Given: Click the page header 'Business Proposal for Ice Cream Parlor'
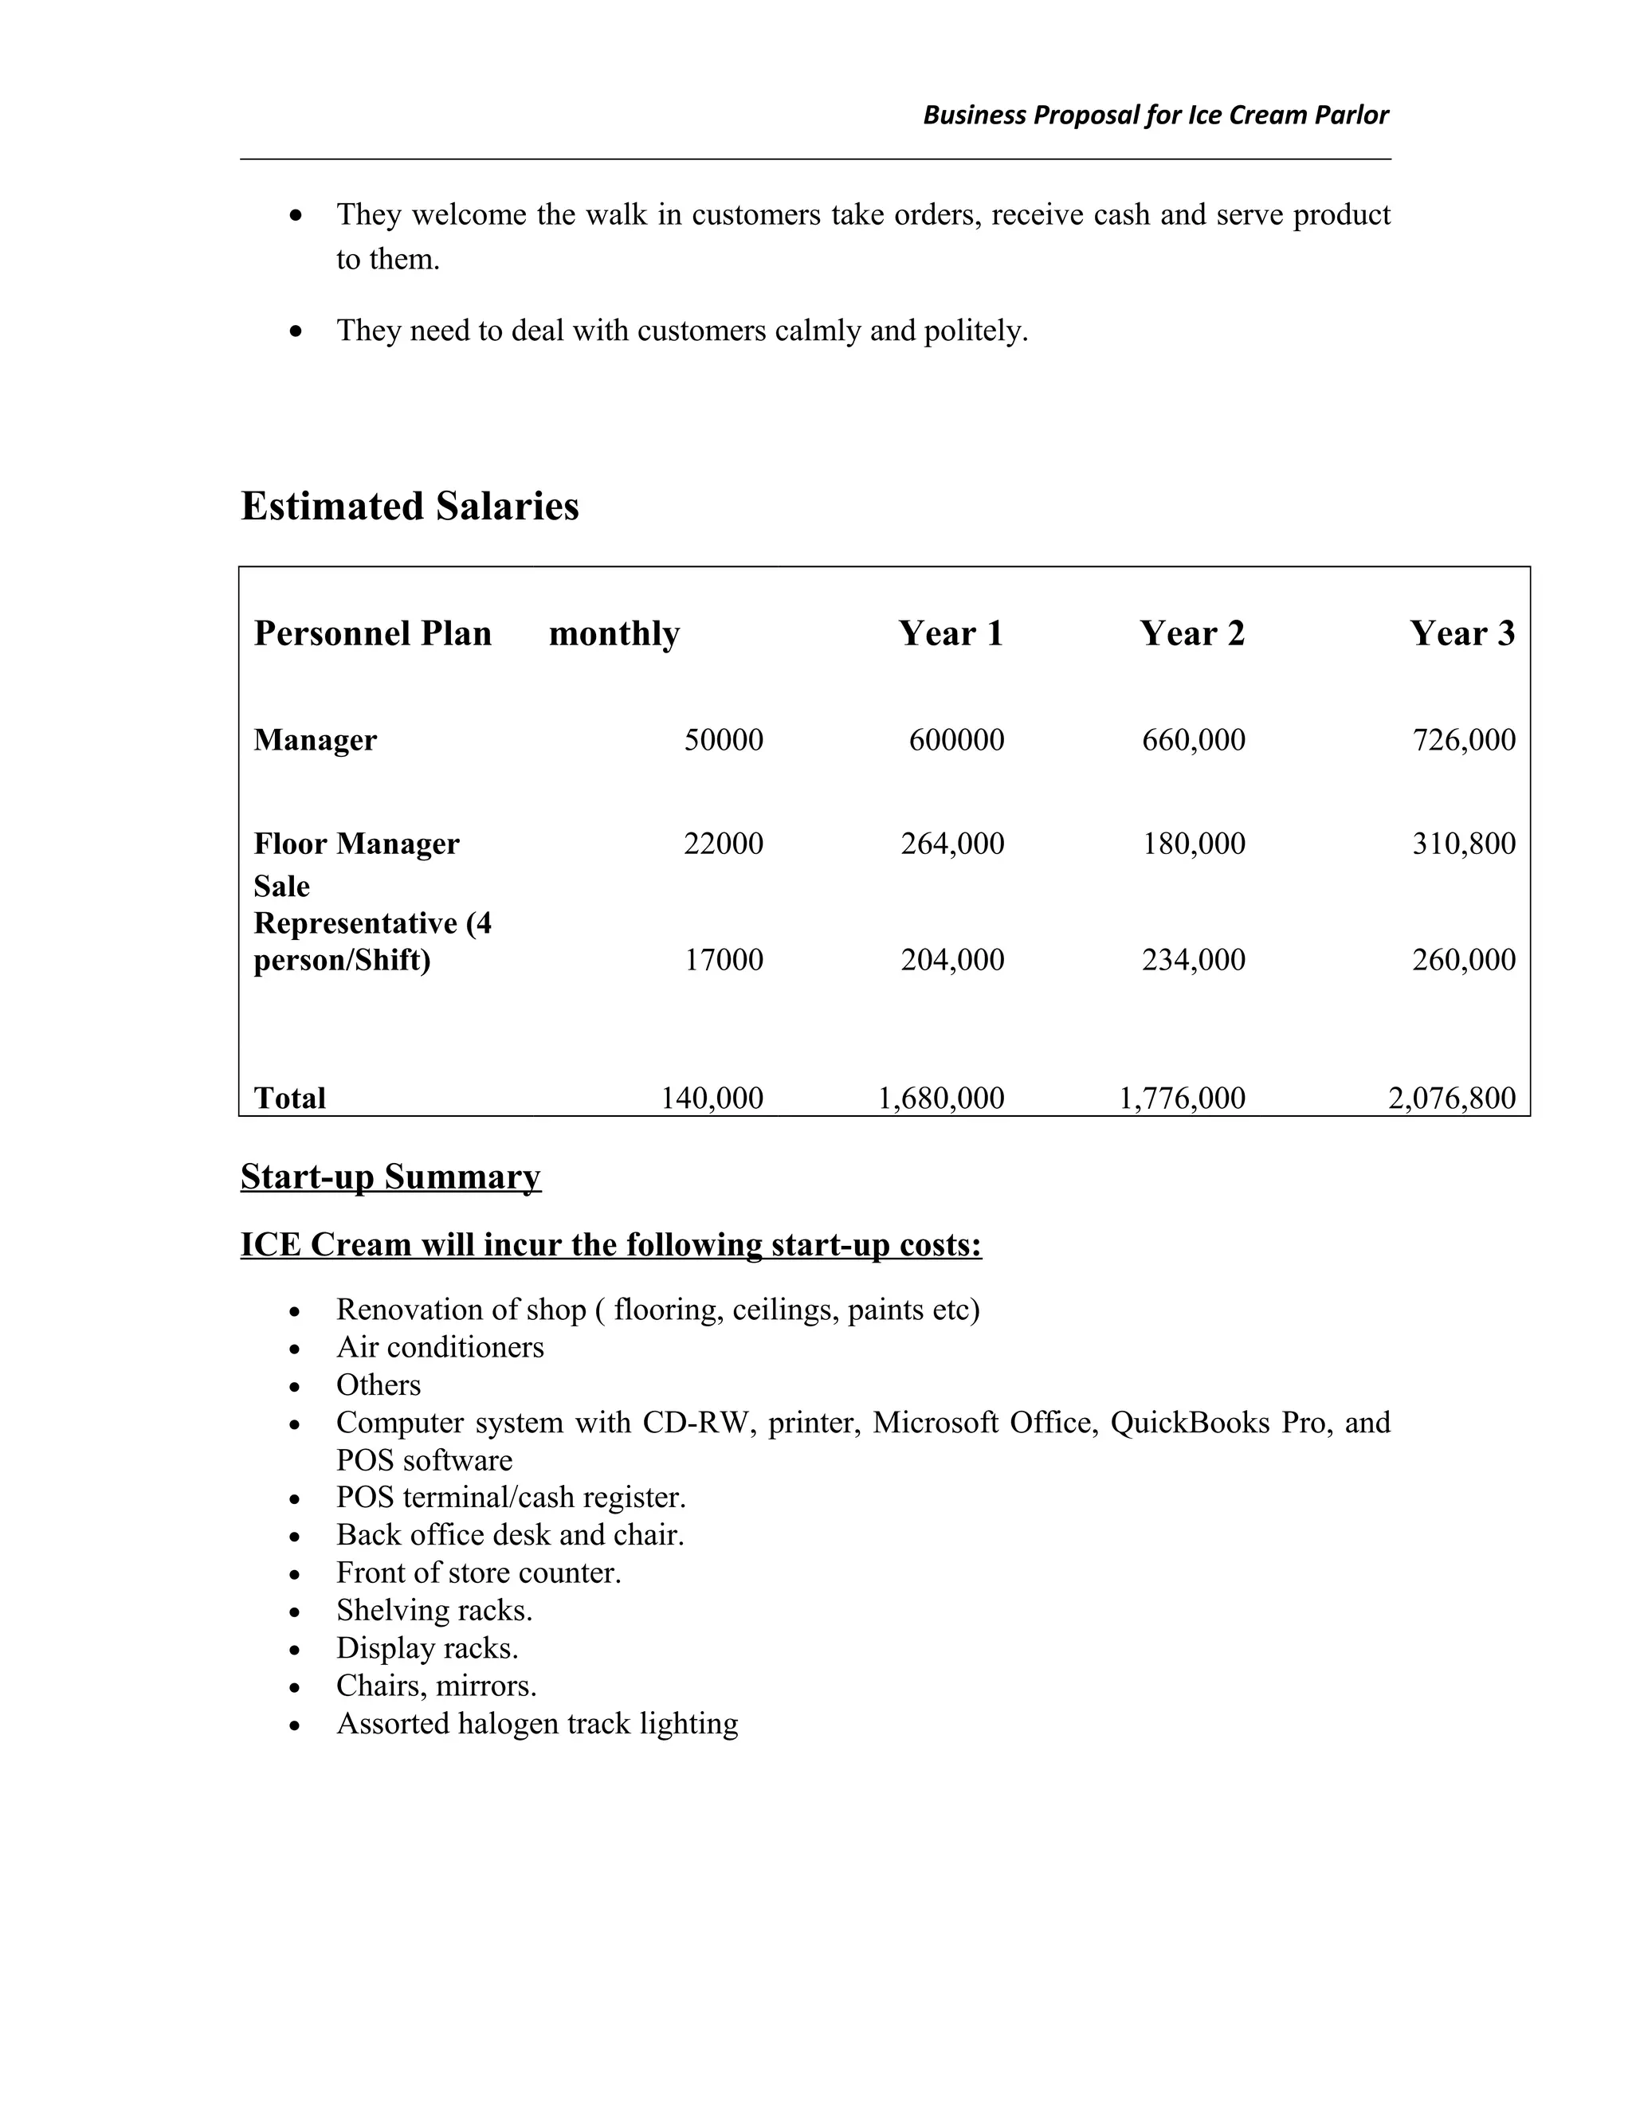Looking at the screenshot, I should tap(1155, 115).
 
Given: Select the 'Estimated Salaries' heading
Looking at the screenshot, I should tap(409, 507).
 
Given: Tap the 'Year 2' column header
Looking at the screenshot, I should tap(1191, 633).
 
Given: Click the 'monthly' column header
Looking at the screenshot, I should tap(614, 633).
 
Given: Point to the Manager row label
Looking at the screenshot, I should tap(316, 739).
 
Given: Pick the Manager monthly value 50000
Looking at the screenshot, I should tap(724, 739).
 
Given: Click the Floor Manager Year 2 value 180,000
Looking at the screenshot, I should tap(1193, 843).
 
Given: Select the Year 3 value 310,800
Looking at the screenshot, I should tap(1463, 843).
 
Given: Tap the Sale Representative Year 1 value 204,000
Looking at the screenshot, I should tap(952, 959).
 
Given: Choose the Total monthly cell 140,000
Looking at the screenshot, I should tap(712, 1097).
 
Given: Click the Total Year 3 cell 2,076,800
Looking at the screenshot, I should tap(1451, 1097).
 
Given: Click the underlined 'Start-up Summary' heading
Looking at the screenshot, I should tap(390, 1177).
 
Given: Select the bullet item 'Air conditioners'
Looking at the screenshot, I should tap(440, 1346).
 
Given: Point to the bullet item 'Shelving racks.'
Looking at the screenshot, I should tap(434, 1609).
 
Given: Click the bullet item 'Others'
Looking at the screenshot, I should tap(378, 1384).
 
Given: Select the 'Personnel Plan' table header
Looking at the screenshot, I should tap(372, 633).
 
